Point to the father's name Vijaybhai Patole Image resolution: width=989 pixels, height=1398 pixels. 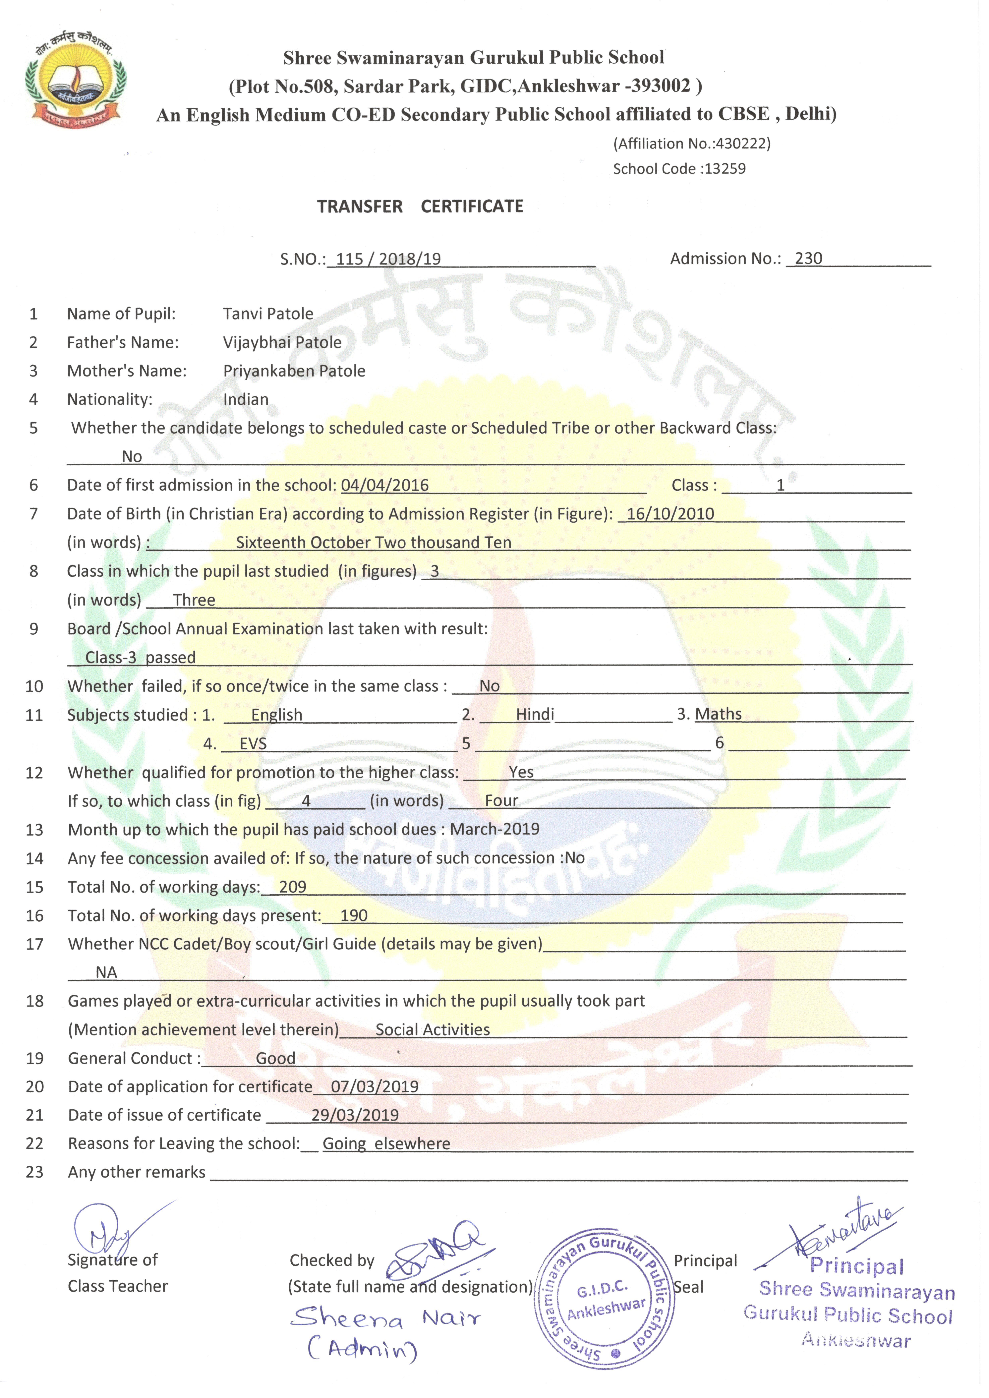282,342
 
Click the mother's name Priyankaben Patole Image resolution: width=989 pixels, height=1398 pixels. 294,371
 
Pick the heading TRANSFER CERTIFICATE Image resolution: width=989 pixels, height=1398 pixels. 420,206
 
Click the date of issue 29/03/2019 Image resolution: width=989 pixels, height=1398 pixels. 355,1115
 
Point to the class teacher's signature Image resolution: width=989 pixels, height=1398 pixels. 110,1230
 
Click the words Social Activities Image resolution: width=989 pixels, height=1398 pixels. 432,1030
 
